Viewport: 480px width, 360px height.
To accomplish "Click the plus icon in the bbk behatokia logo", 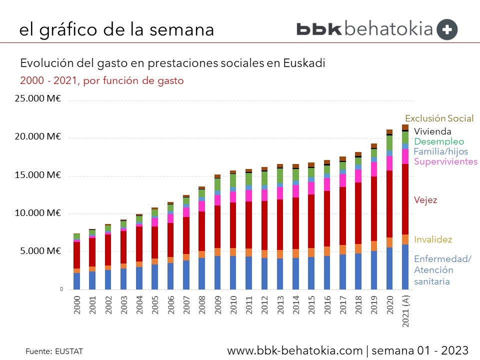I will (x=447, y=29).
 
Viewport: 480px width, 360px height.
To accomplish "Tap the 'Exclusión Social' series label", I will (x=439, y=118).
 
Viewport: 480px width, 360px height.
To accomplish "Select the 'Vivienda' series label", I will (x=433, y=131).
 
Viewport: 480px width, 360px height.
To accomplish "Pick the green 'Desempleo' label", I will (x=439, y=141).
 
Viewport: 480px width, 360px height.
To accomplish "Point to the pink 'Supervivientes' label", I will (x=445, y=161).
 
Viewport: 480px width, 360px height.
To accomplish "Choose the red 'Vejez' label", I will (x=425, y=200).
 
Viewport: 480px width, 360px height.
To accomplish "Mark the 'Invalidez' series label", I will (x=433, y=239).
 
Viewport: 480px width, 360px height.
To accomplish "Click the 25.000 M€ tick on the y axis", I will (x=38, y=99).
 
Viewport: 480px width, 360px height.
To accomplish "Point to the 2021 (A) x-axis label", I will (x=405, y=310).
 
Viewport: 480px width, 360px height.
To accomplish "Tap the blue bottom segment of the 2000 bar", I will (x=77, y=281).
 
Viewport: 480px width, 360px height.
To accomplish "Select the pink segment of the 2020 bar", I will (x=389, y=163).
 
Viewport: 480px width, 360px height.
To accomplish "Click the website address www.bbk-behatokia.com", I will (x=294, y=350).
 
